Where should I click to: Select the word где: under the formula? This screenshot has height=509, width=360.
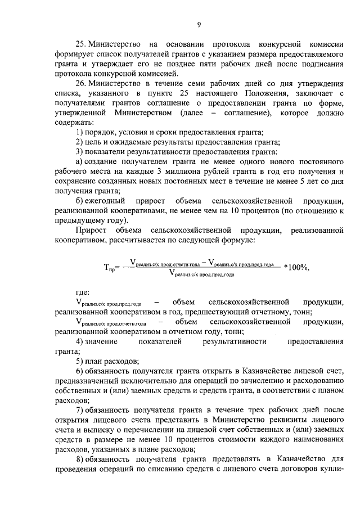pos(83,292)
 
